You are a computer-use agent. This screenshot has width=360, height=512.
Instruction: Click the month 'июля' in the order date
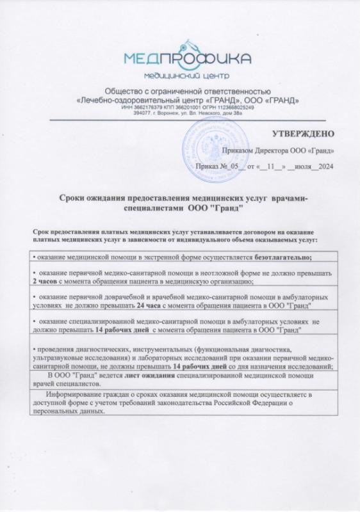click(x=302, y=166)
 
